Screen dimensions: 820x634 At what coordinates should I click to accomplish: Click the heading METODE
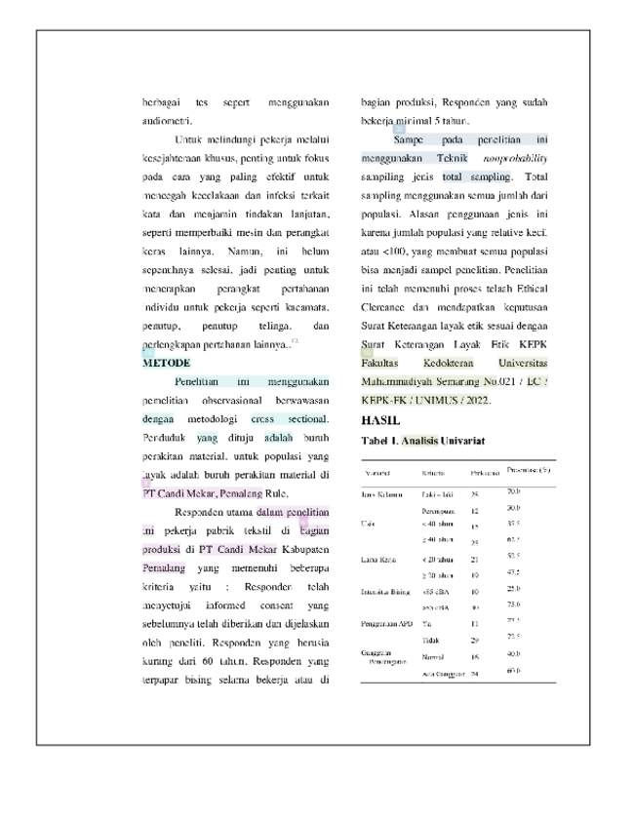(167, 363)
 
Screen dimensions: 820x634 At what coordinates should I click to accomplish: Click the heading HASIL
(380, 420)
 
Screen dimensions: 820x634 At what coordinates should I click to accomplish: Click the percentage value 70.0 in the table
(514, 491)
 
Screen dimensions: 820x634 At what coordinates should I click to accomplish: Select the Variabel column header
(377, 473)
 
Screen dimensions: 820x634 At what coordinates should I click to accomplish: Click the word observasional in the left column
(240, 401)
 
